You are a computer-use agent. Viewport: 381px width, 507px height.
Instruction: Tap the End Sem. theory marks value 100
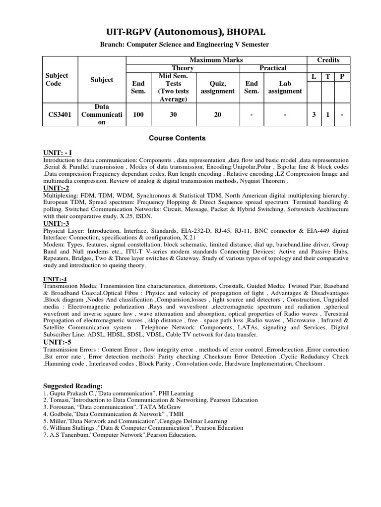tap(138, 114)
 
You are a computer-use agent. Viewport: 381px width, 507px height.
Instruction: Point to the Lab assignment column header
tap(285, 88)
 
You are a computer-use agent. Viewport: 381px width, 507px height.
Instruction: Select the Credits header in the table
tap(328, 60)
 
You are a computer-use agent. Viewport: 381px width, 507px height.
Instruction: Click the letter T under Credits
tap(328, 76)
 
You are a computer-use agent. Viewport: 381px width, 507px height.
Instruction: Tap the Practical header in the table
tap(273, 68)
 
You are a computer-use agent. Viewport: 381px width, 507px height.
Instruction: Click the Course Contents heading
tap(177, 138)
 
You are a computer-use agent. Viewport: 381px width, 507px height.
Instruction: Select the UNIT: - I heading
tap(58, 153)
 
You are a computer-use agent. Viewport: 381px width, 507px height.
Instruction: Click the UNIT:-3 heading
tap(56, 223)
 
